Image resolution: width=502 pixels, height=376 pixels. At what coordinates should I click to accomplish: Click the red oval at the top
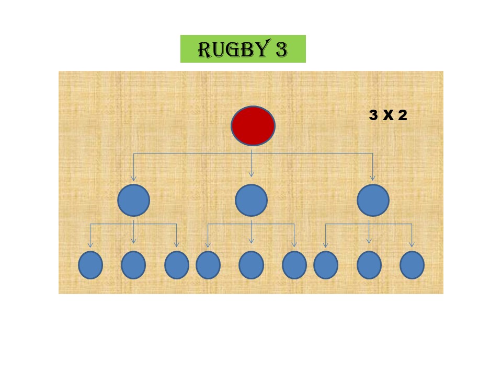[253, 125]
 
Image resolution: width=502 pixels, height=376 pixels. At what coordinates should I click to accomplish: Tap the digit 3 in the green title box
[280, 49]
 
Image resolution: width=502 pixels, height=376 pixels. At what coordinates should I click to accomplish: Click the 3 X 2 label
[387, 115]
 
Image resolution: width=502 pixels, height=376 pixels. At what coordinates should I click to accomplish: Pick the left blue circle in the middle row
[133, 201]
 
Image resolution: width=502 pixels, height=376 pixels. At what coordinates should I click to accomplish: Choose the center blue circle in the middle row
[251, 201]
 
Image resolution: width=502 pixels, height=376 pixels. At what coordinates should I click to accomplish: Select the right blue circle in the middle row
[373, 201]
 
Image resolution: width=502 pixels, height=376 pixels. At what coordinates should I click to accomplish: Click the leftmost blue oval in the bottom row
[90, 265]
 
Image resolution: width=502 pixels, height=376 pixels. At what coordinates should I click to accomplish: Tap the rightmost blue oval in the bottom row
[412, 265]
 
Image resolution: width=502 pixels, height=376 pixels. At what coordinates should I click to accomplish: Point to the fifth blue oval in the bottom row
[251, 265]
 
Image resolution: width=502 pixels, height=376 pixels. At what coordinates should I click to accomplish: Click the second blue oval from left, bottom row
[133, 265]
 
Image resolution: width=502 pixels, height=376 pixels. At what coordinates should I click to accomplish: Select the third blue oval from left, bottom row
[177, 265]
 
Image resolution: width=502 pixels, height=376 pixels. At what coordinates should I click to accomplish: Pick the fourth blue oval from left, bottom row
[208, 265]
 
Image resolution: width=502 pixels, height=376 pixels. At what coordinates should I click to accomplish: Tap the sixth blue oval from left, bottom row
[294, 265]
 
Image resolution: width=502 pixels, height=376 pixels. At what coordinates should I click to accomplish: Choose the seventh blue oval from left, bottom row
[326, 265]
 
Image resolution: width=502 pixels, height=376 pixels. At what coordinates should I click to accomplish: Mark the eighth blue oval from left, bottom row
[369, 265]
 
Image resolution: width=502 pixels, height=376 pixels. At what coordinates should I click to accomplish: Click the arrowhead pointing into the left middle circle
[133, 178]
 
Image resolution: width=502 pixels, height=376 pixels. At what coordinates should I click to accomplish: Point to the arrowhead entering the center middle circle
[251, 174]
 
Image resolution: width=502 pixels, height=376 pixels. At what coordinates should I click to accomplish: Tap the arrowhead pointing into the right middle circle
[373, 178]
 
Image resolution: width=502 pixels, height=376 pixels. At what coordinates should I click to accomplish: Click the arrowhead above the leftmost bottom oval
[90, 244]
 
